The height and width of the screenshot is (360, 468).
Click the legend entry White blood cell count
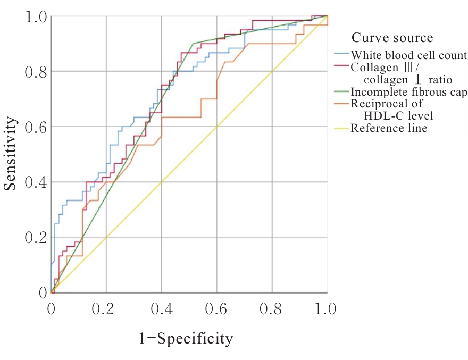tap(408, 55)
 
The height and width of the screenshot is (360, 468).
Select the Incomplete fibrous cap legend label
tap(409, 93)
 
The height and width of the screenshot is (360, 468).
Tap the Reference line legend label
tap(389, 128)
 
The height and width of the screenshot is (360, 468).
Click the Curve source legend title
tap(392, 38)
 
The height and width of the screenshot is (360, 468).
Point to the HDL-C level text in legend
tap(403, 116)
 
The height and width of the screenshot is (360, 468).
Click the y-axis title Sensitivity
tap(10, 154)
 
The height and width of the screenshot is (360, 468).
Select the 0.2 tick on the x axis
tap(106, 309)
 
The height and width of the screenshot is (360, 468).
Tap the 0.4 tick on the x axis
tap(162, 309)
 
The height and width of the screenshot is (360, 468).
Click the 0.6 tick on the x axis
tap(217, 309)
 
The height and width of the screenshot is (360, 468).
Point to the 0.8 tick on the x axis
tap(272, 309)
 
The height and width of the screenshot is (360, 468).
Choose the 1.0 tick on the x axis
tap(327, 309)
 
